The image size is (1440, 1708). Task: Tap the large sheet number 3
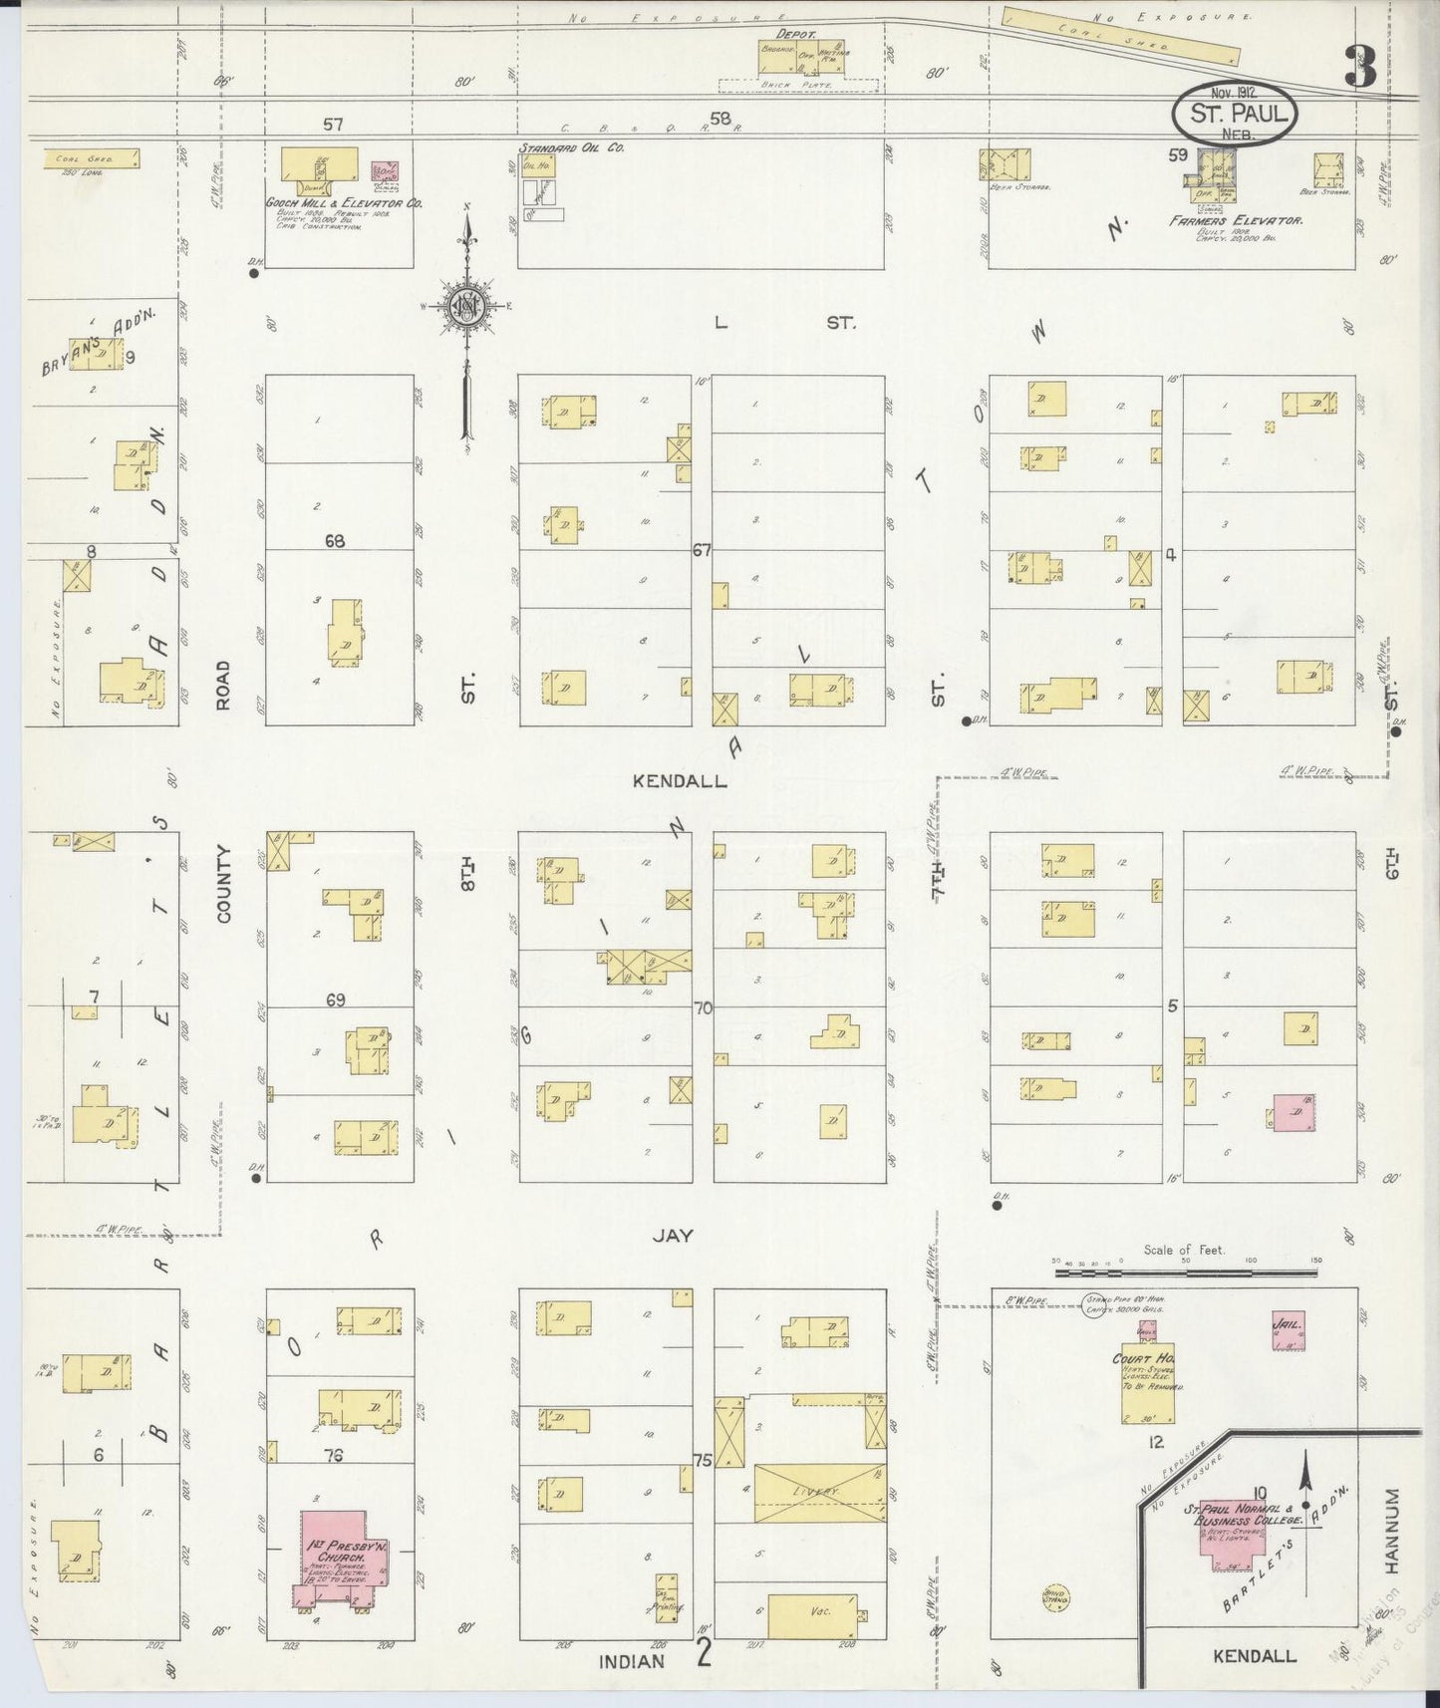click(x=1359, y=67)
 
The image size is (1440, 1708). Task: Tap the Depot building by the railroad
click(x=802, y=59)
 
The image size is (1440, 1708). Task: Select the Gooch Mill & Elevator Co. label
click(x=343, y=202)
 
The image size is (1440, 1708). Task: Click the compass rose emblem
click(x=464, y=307)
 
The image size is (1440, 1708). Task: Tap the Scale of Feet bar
click(x=1185, y=1272)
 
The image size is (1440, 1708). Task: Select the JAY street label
click(x=673, y=1236)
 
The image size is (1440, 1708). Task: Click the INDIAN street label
click(x=632, y=1661)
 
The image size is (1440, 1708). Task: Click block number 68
click(x=334, y=540)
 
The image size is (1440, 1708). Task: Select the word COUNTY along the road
click(x=222, y=883)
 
